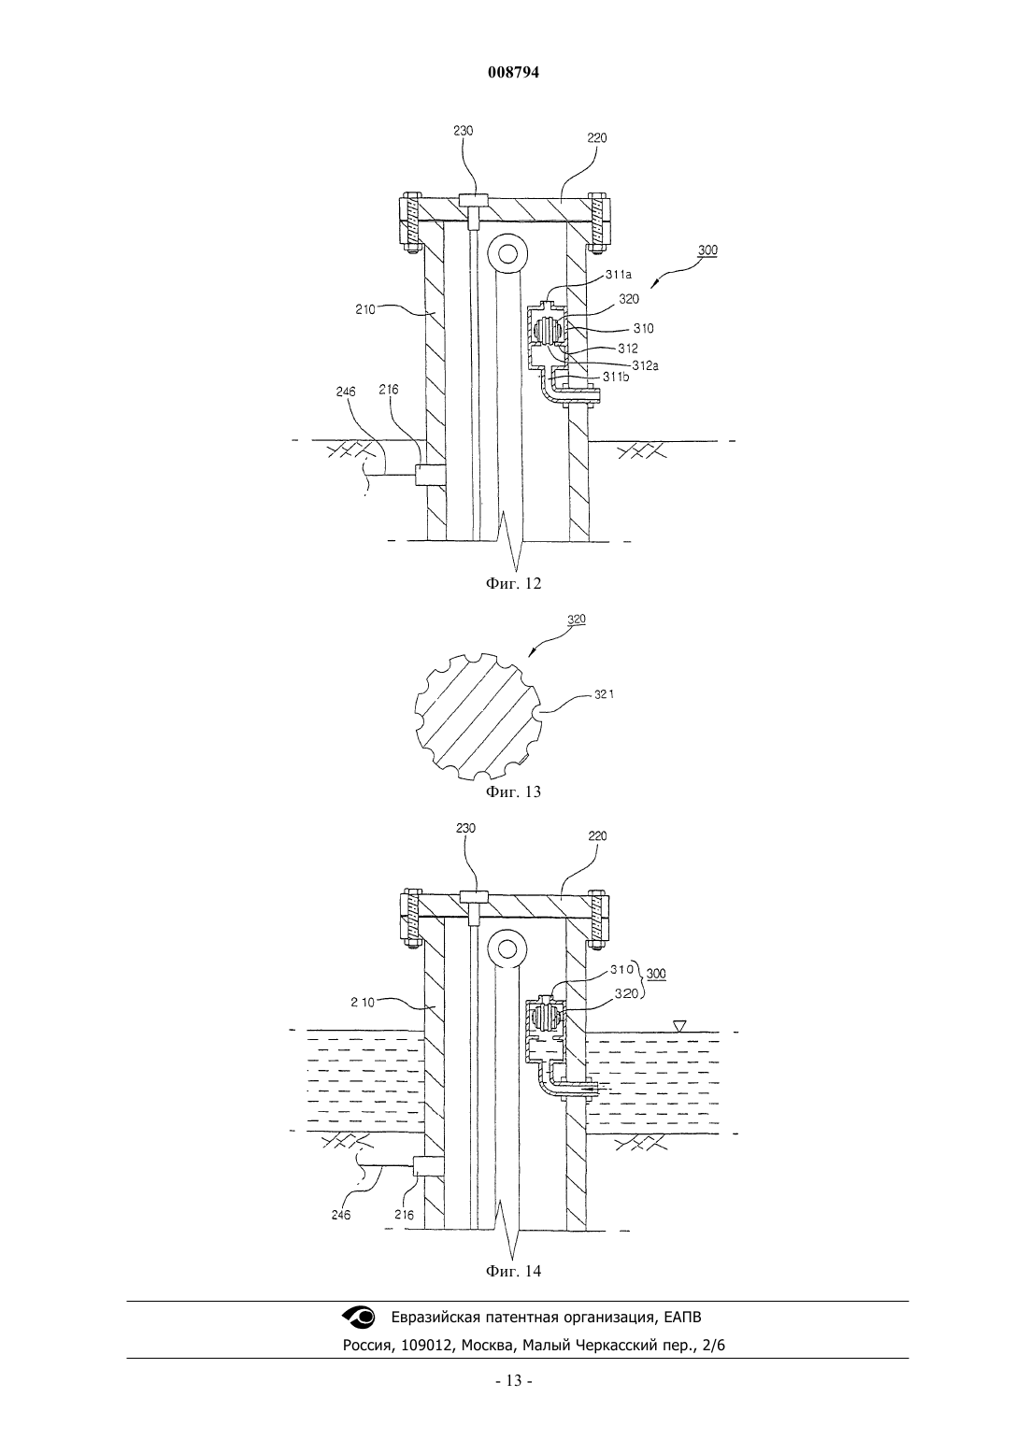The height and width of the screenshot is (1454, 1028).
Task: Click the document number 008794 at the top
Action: [513, 73]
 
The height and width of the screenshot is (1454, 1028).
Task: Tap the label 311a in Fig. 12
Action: [619, 275]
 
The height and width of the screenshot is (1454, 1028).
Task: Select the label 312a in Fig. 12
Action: [646, 365]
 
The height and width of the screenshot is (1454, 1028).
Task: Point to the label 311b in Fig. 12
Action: [616, 376]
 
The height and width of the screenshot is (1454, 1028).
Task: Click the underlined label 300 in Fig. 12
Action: [707, 249]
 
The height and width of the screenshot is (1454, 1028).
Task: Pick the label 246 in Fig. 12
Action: [346, 391]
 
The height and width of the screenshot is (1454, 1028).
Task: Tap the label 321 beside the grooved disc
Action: [605, 694]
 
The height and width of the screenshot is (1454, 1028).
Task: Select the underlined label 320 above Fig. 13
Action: [577, 619]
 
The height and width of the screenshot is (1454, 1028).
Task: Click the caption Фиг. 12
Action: [513, 583]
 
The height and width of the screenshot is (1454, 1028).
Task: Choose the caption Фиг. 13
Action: [513, 791]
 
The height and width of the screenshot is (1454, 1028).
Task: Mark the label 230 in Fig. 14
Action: [465, 828]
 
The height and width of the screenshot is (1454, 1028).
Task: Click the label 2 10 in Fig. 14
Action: [363, 1002]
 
